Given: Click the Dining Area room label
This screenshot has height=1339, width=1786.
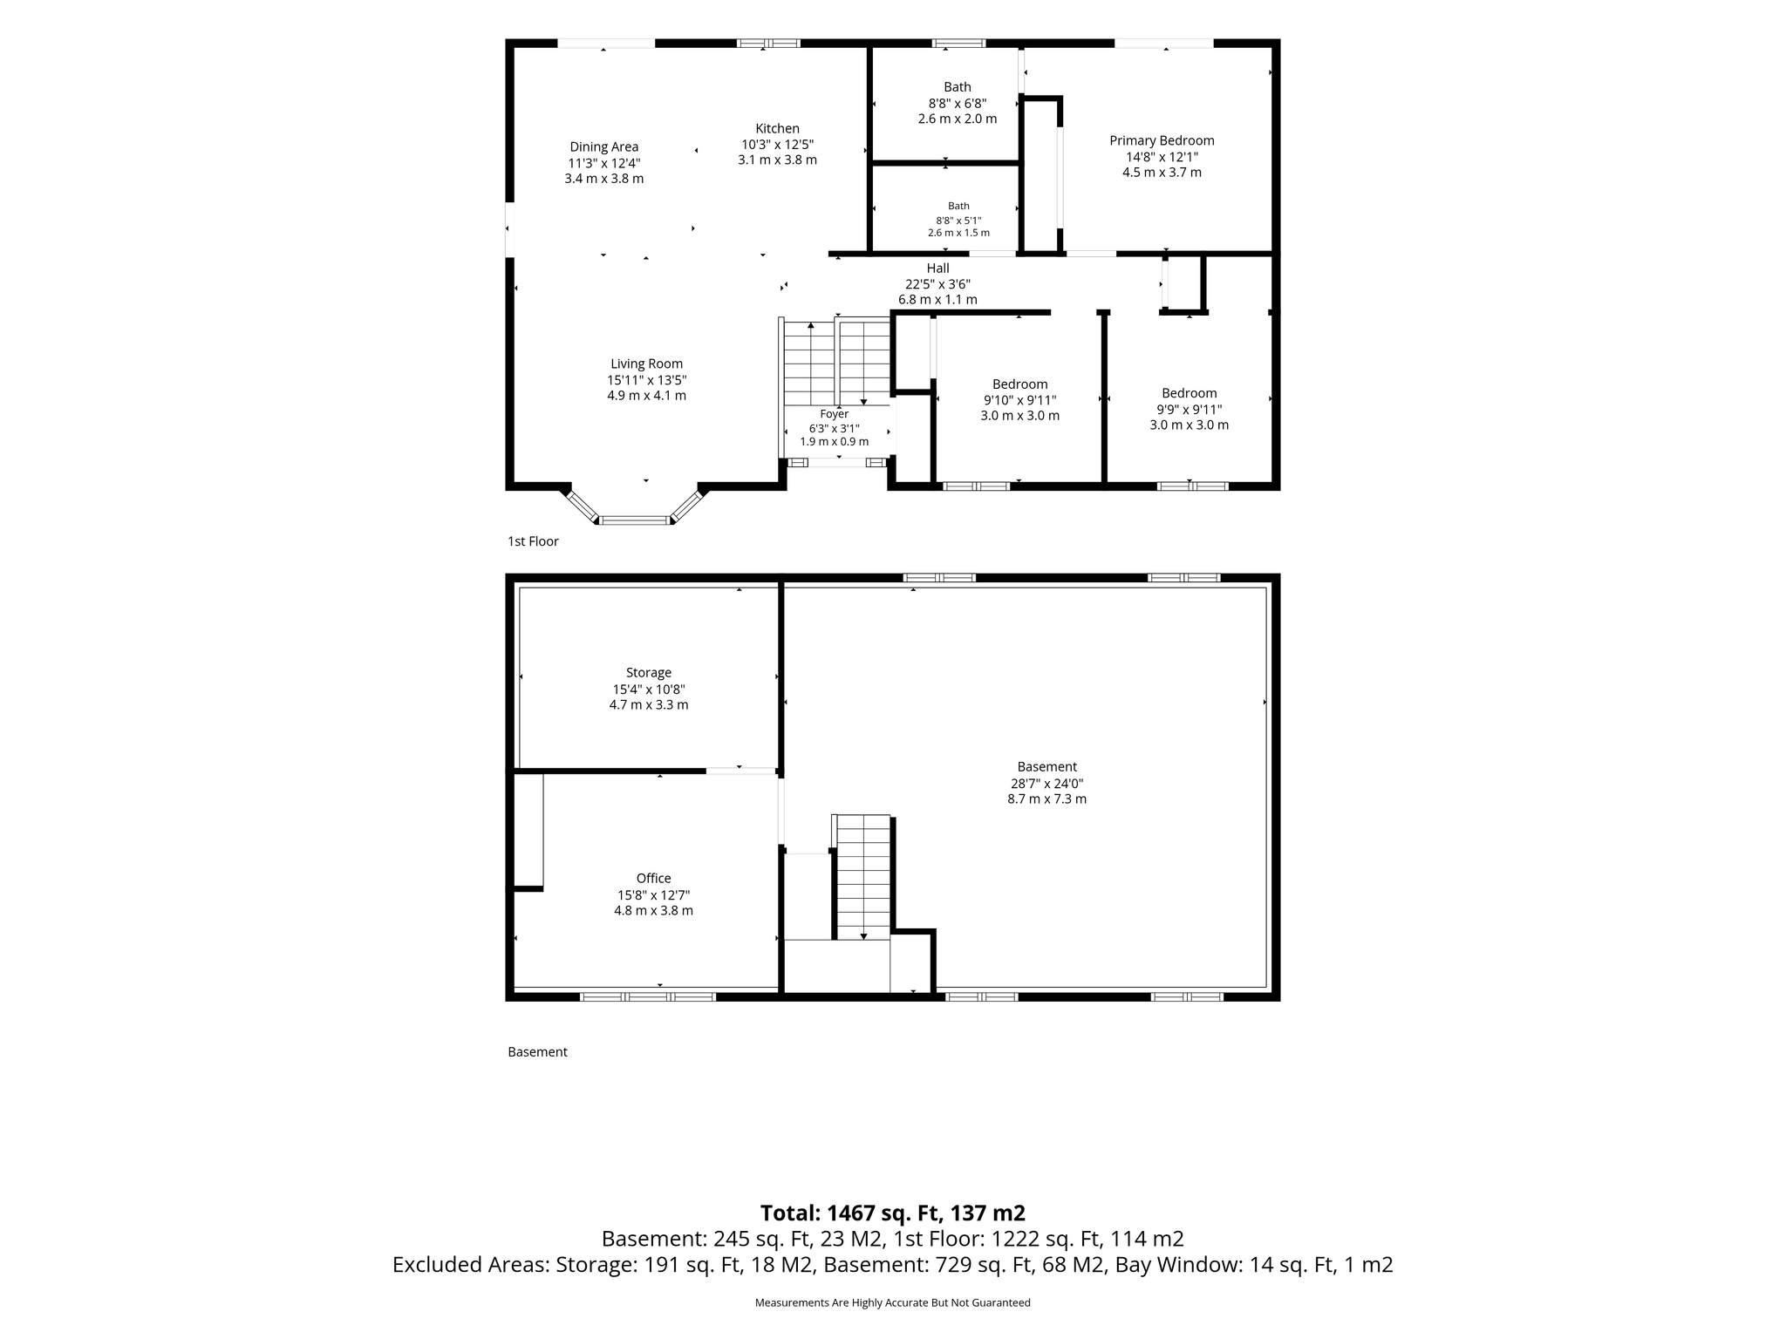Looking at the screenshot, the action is [x=603, y=147].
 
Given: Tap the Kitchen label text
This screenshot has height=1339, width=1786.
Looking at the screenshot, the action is [x=777, y=129].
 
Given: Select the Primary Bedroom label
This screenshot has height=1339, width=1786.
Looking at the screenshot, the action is [x=1162, y=140].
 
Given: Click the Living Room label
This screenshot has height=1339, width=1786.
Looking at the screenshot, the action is [x=646, y=364].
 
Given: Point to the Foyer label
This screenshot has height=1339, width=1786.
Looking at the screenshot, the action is [x=835, y=414].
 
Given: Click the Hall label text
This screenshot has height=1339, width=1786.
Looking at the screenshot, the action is [x=938, y=268].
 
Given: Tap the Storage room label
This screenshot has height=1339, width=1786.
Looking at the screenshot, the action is [x=649, y=673].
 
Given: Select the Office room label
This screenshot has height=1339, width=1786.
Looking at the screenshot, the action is [x=653, y=879].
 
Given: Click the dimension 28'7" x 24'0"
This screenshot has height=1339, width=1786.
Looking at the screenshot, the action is [x=1046, y=784].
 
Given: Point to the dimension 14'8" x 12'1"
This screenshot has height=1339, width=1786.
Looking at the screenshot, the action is [x=1162, y=157].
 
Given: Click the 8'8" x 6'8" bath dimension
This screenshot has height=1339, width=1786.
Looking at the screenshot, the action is [x=958, y=103].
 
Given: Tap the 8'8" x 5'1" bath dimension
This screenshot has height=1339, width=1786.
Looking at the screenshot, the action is [x=958, y=221].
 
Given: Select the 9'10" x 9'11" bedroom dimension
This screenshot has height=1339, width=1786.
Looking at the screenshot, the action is [x=1020, y=400].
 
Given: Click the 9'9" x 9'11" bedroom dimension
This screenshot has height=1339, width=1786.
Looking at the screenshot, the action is [x=1190, y=410].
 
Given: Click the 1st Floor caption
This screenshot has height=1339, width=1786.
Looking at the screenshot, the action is [x=533, y=541].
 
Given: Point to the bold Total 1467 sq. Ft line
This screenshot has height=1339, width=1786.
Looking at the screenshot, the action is [x=893, y=1213].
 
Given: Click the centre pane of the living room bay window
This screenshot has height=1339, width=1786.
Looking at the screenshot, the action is [x=635, y=520].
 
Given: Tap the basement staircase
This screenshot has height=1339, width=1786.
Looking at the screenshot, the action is [x=863, y=877].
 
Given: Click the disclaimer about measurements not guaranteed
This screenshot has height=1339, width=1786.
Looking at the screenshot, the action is [x=893, y=1302].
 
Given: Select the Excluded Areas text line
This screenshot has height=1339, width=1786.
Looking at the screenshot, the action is [x=893, y=1265].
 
